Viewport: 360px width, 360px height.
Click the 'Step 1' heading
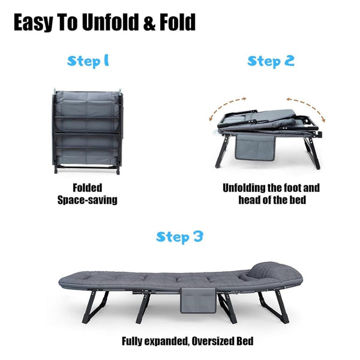pyautogui.click(x=88, y=61)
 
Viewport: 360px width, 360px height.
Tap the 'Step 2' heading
pyautogui.click(x=271, y=61)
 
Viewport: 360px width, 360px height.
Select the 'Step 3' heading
pyautogui.click(x=179, y=236)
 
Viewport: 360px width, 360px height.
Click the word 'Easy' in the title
pyautogui.click(x=37, y=22)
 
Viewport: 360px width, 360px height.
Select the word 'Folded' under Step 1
pyautogui.click(x=87, y=187)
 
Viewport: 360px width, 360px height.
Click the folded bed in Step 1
pyautogui.click(x=87, y=128)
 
